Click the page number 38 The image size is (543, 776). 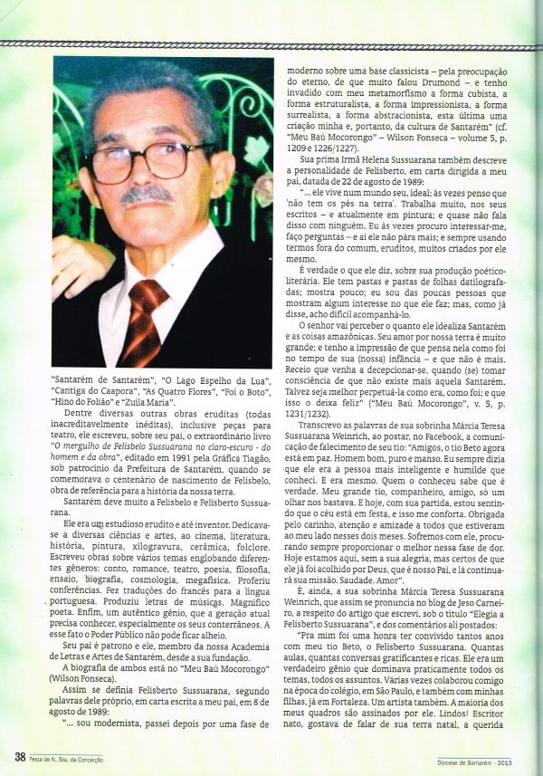tap(19, 757)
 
